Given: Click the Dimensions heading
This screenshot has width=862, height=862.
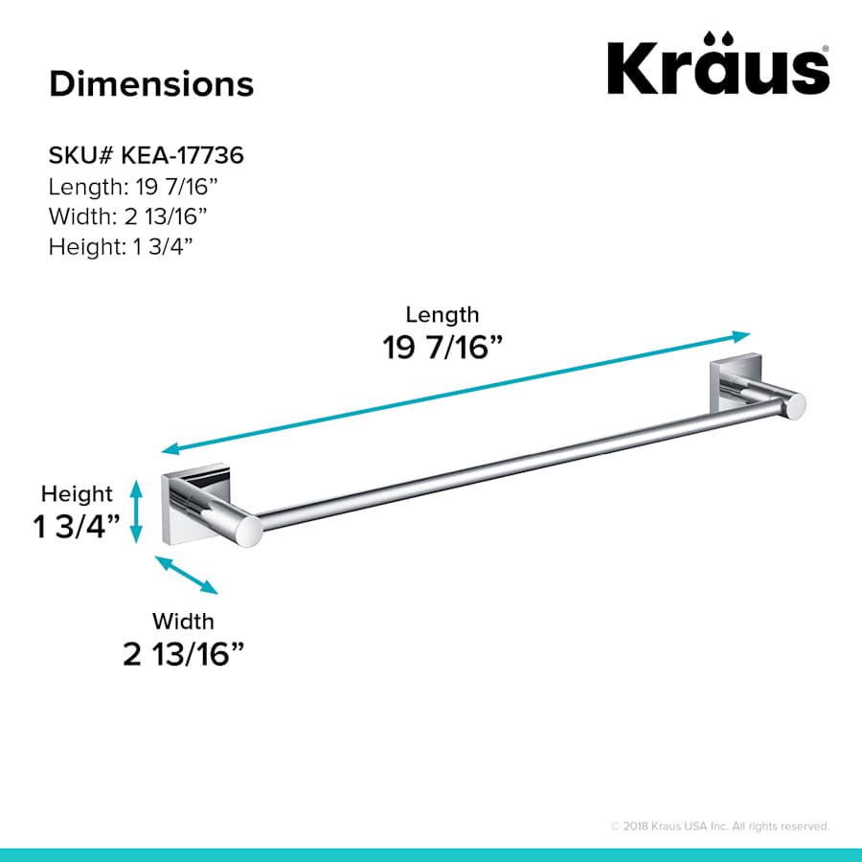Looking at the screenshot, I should tap(151, 83).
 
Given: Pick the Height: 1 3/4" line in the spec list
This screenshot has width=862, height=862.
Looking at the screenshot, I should tap(122, 246).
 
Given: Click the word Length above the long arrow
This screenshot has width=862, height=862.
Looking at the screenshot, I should tap(442, 314).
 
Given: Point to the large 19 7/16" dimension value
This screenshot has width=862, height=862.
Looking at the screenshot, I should tap(443, 348).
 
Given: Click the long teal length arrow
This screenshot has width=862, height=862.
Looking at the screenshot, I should tap(455, 393).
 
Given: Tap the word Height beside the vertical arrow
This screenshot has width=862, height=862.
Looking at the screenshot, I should tap(77, 494).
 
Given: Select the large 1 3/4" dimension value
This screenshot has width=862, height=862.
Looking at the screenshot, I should tap(78, 527).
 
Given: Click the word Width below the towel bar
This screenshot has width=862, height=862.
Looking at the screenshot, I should tap(183, 622).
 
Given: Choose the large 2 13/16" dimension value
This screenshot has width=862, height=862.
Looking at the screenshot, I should tap(184, 655).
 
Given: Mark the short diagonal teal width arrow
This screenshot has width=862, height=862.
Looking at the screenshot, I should tap(187, 576).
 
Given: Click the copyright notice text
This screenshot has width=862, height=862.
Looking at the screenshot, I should tap(719, 826).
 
